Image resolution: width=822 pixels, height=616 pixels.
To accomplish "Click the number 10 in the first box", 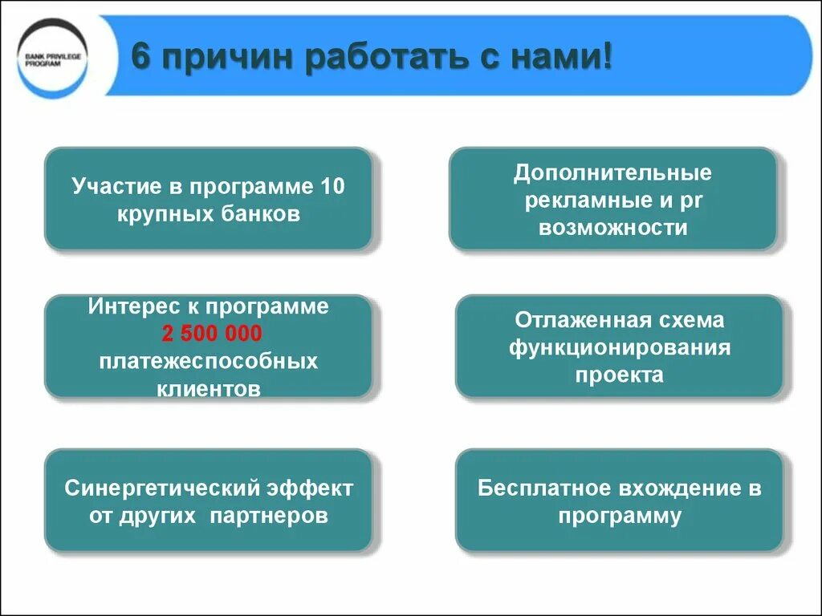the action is [x=332, y=187].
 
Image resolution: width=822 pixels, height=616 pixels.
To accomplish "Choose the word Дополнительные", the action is [x=612, y=172].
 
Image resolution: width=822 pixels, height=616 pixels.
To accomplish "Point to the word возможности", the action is [x=612, y=227].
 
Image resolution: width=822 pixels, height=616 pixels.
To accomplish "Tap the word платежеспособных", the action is [x=209, y=361].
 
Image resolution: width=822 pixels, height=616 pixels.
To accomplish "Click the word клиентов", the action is [x=209, y=389].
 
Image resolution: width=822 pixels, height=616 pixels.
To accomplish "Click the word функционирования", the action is [x=619, y=347].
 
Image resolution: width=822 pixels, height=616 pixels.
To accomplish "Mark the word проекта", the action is [x=619, y=375].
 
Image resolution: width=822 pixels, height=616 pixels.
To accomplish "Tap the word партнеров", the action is [x=269, y=515].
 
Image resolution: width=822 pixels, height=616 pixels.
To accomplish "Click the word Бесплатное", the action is [x=543, y=488].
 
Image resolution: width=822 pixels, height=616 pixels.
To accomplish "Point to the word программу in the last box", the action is [x=619, y=515].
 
